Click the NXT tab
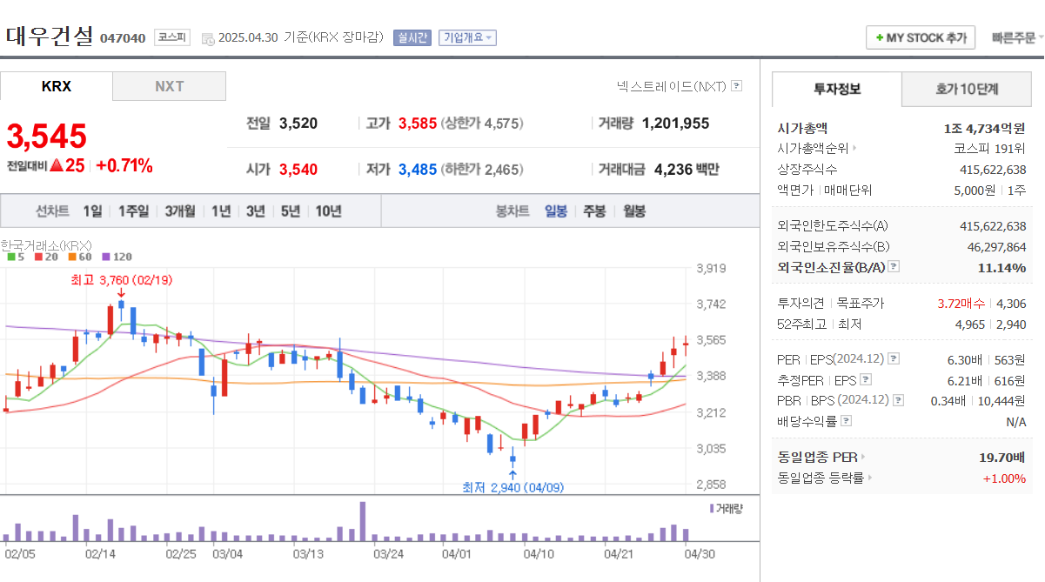(169, 86)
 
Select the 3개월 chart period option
(180, 211)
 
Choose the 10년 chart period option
(328, 211)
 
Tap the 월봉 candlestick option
(634, 211)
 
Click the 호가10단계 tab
(967, 89)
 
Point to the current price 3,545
(47, 137)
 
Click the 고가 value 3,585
(418, 124)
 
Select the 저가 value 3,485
(418, 170)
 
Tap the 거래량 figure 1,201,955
(675, 124)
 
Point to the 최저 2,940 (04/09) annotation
(512, 487)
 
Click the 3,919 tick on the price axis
(711, 268)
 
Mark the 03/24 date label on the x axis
(388, 552)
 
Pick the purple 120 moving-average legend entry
(117, 257)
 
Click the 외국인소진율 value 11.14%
(1001, 267)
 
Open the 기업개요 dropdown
(468, 37)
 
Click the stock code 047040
(123, 38)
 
